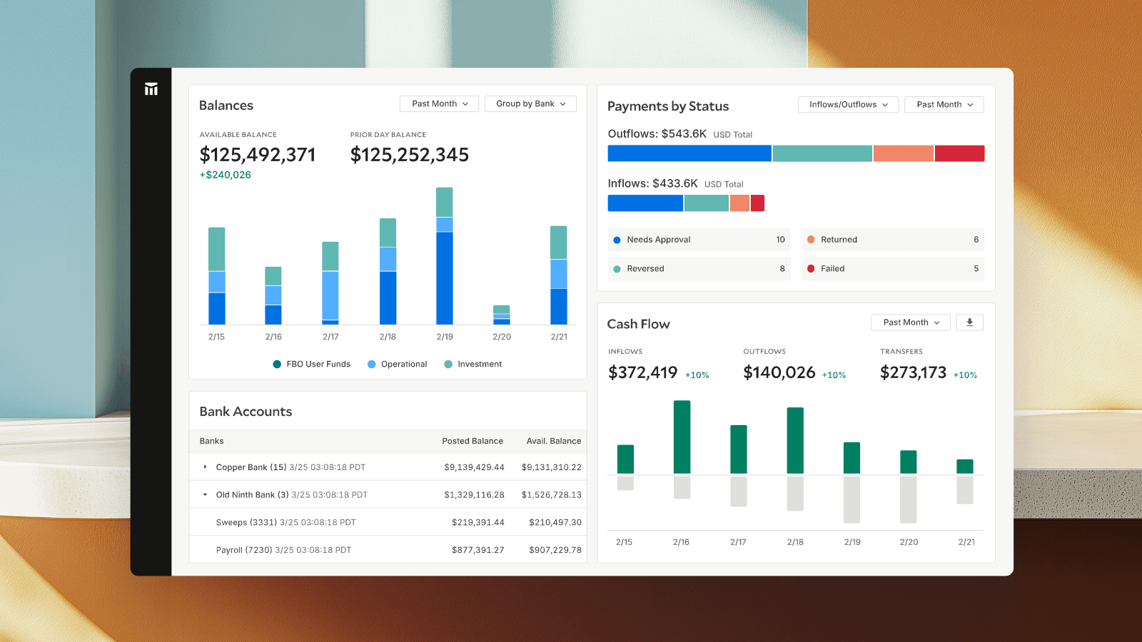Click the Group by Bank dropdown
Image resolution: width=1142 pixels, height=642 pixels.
[x=530, y=104]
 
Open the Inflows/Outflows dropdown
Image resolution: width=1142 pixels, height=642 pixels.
[x=848, y=105]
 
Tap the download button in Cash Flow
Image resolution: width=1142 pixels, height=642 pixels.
[x=969, y=322]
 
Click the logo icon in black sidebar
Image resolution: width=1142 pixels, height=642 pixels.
[x=151, y=89]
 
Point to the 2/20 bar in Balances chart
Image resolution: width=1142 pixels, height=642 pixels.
[x=502, y=315]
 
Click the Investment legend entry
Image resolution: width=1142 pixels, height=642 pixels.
[x=473, y=365]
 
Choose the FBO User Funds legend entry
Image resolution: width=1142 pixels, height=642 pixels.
[x=312, y=365]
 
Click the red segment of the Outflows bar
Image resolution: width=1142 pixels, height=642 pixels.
[x=959, y=153]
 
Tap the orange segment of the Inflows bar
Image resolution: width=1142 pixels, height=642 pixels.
[x=739, y=203]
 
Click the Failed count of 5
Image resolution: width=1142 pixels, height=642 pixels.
[x=976, y=269]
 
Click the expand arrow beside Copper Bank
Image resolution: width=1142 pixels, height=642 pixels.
[x=206, y=467]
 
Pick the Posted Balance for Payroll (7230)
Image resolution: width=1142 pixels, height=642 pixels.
[x=477, y=550]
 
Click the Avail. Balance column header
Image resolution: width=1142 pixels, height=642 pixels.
[x=553, y=442]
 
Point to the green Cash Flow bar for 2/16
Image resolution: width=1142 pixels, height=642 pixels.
[x=682, y=437]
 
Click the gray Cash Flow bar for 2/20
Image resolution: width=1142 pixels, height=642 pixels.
[x=908, y=499]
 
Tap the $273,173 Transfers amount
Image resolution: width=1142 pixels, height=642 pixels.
[x=913, y=373]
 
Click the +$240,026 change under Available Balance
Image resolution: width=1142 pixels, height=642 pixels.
[x=226, y=175]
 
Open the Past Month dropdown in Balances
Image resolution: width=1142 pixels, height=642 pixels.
[x=439, y=104]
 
